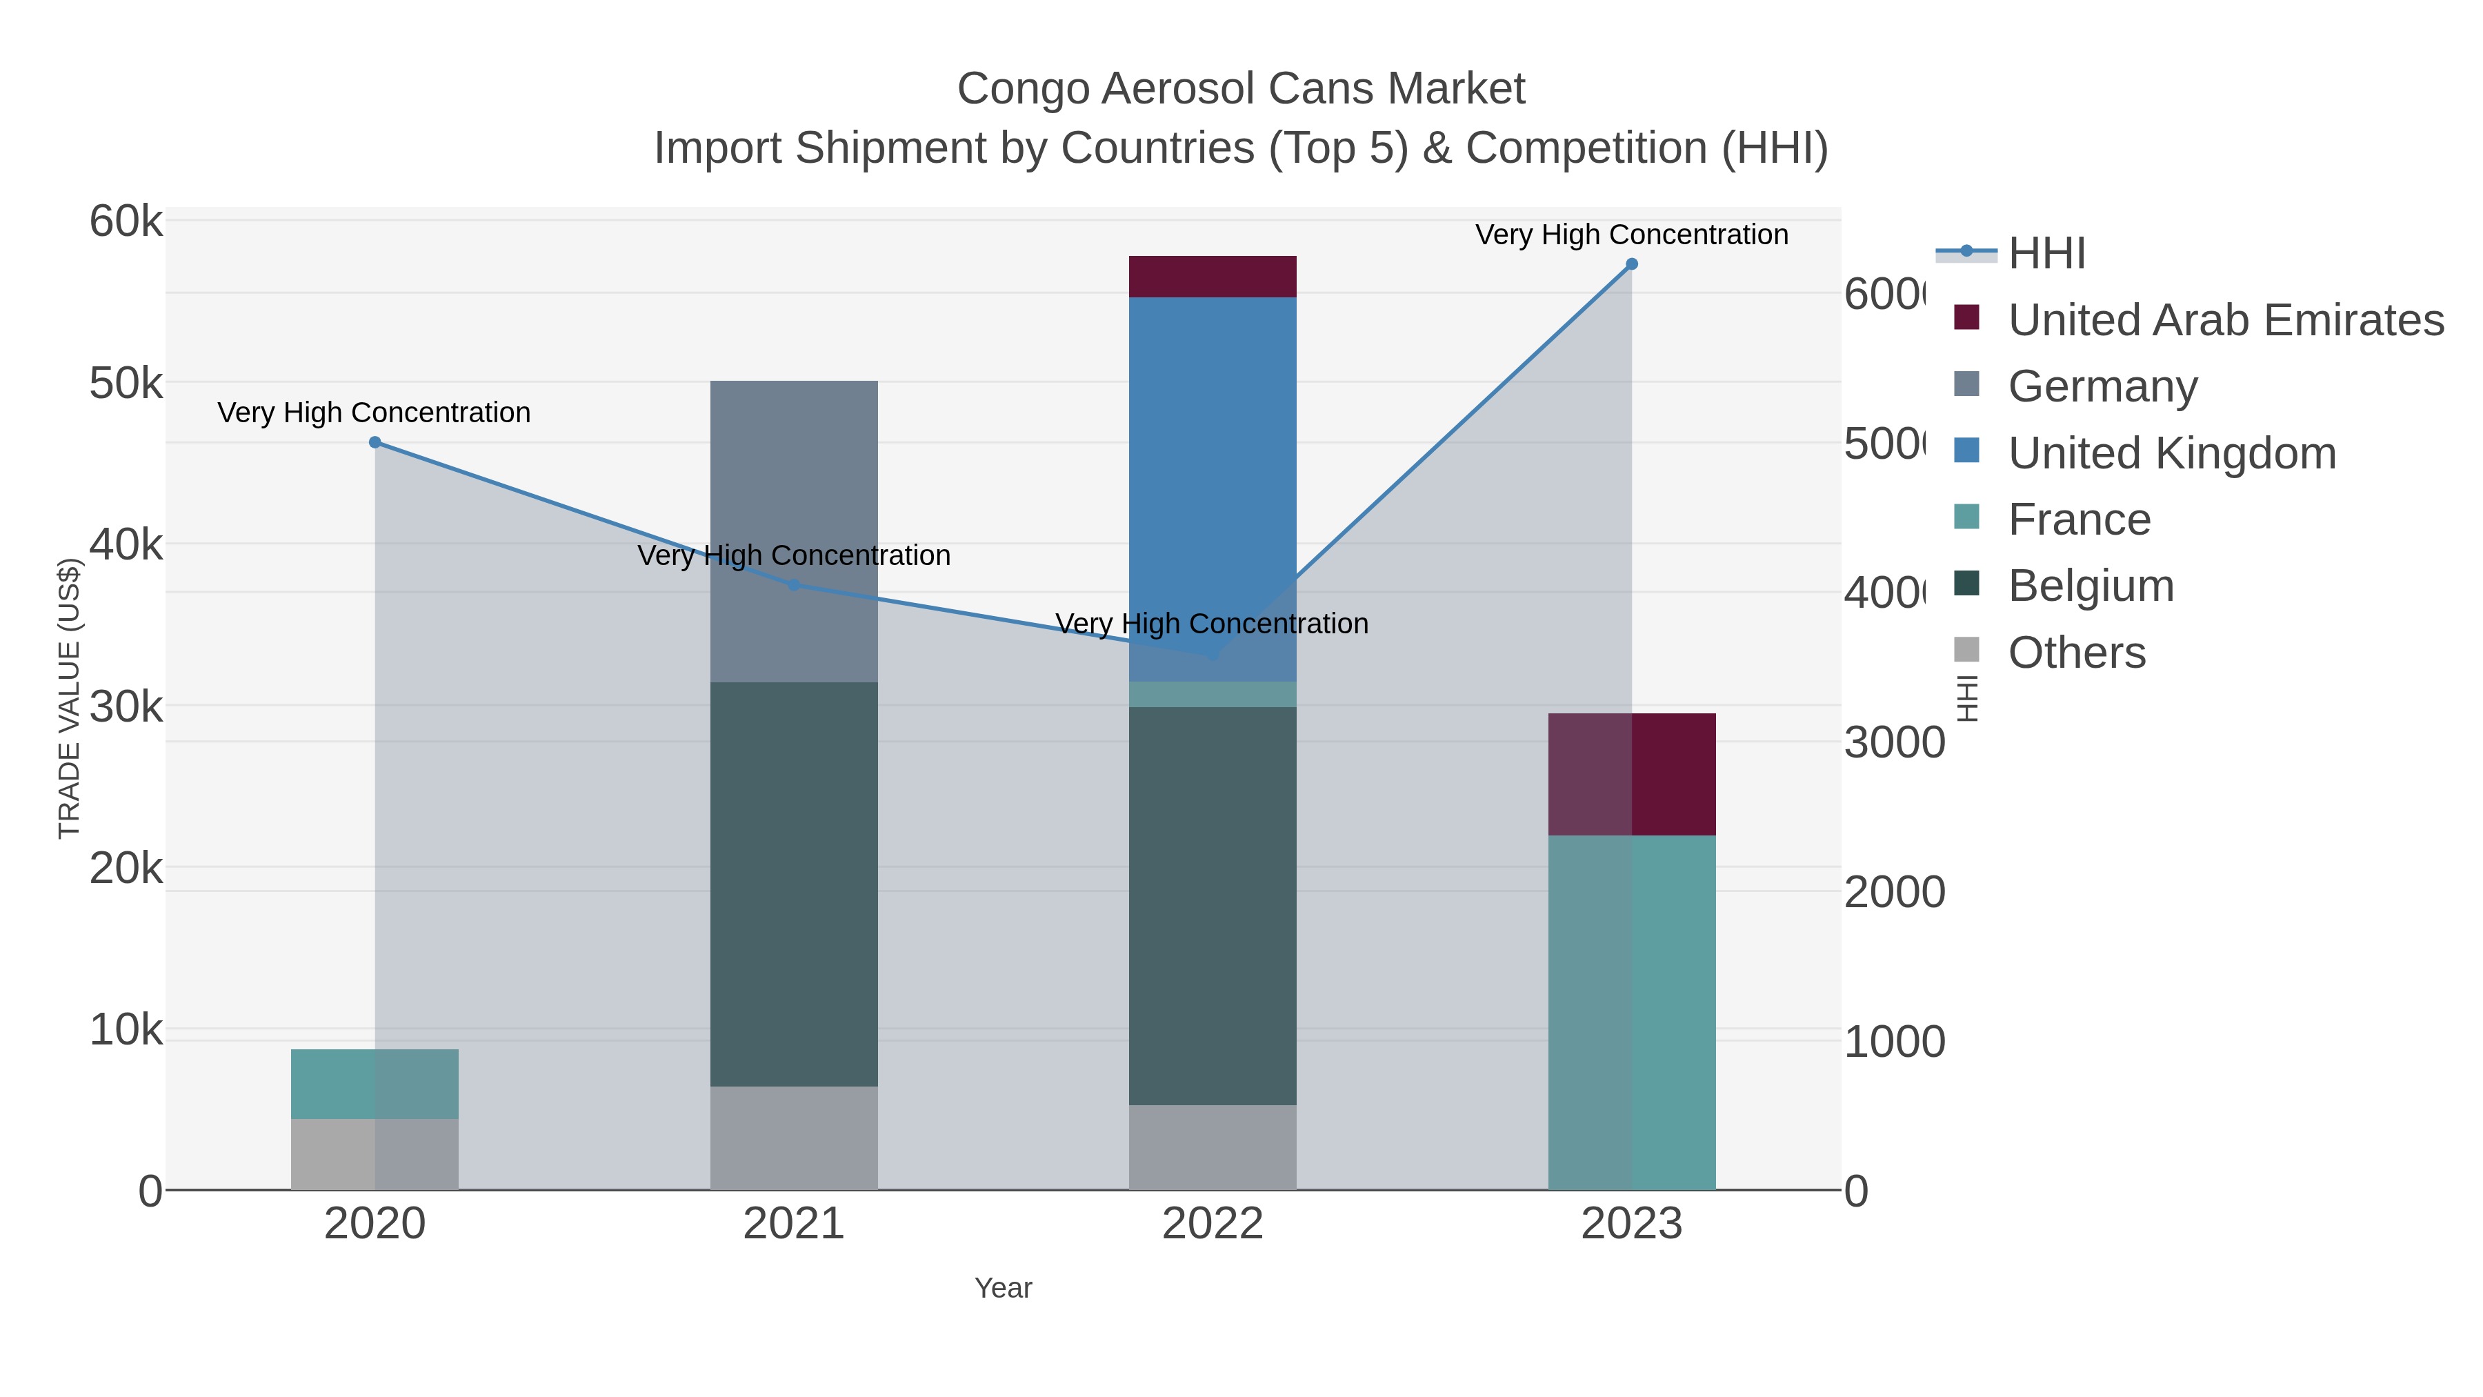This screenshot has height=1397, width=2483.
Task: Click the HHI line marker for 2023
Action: [x=1631, y=264]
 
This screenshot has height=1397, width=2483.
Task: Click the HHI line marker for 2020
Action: [x=375, y=442]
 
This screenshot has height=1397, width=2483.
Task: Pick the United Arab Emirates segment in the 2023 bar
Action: [x=1631, y=774]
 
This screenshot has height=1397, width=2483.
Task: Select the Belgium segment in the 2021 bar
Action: [x=793, y=884]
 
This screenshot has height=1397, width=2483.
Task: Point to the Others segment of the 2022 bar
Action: [x=1212, y=1147]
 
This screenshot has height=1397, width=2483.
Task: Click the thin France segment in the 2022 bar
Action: [x=1212, y=694]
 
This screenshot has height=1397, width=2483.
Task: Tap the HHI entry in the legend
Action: [x=2046, y=254]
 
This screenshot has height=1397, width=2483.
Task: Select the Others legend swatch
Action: [x=1966, y=651]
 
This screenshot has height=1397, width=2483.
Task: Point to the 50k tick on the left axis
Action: [x=126, y=384]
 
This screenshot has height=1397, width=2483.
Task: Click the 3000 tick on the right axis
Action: [x=1893, y=743]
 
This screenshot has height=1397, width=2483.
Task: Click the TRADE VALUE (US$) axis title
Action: [x=70, y=698]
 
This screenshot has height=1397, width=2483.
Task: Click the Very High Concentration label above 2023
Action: [x=1631, y=235]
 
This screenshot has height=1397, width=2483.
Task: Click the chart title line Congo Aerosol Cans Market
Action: [x=1241, y=89]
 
